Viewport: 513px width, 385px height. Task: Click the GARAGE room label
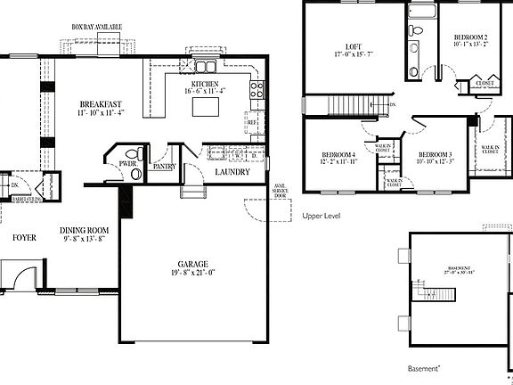coord(191,265)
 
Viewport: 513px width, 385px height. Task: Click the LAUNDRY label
coord(232,172)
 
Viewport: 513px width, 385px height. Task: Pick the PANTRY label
coord(164,166)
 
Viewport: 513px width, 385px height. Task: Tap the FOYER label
coord(24,238)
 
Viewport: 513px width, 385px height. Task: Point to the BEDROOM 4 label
coord(338,155)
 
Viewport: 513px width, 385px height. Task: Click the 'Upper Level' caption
coord(322,216)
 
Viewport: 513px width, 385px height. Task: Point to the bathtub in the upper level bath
coord(421,12)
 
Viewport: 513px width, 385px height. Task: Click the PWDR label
coord(126,164)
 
